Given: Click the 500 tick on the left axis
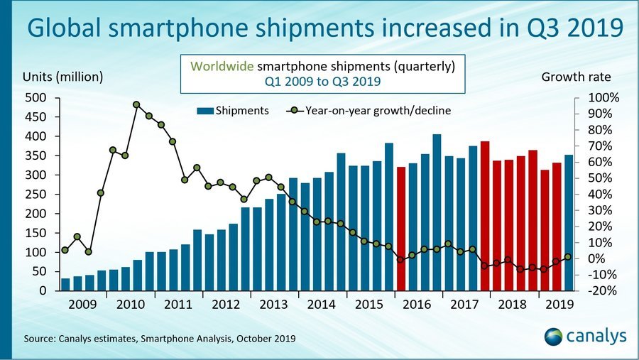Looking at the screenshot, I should pyautogui.click(x=37, y=97).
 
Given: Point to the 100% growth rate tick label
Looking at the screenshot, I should pyautogui.click(x=606, y=97).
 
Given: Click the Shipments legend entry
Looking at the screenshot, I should pyautogui.click(x=235, y=111).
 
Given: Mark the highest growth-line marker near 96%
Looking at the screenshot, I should pyautogui.click(x=136, y=105).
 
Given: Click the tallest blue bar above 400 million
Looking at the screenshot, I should pyautogui.click(x=437, y=213).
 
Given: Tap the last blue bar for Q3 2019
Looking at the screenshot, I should pyautogui.click(x=569, y=224).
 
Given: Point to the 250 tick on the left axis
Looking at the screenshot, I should pyautogui.click(x=37, y=194).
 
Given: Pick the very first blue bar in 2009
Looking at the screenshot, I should pyautogui.click(x=65, y=284).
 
